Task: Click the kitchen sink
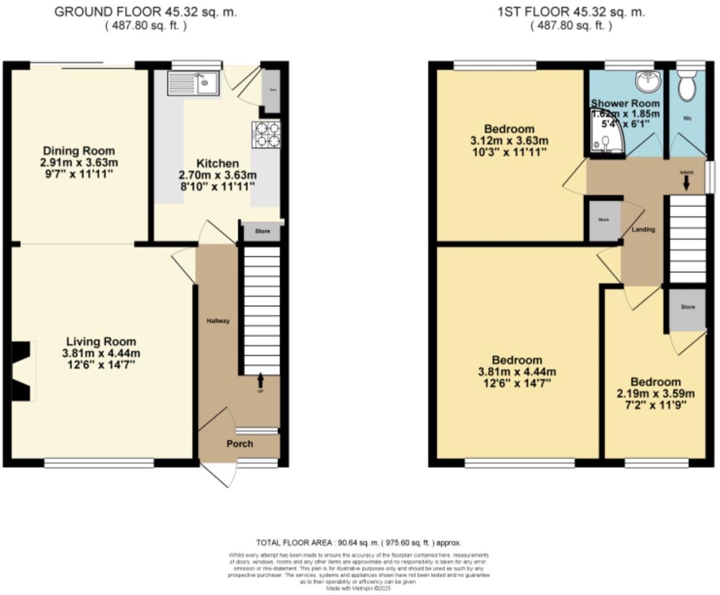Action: pyautogui.click(x=193, y=83)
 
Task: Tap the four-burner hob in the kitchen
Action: pyautogui.click(x=266, y=134)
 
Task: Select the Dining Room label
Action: pyautogui.click(x=79, y=151)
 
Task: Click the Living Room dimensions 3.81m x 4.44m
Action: pyautogui.click(x=101, y=353)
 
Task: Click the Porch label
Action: pyautogui.click(x=240, y=444)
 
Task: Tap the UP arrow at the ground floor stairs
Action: pyautogui.click(x=260, y=380)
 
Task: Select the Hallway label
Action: pyautogui.click(x=218, y=321)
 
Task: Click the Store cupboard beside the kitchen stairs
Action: pyautogui.click(x=262, y=232)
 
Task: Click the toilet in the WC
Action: pyautogui.click(x=688, y=88)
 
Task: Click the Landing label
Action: pyautogui.click(x=643, y=229)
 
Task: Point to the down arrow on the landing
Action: pyautogui.click(x=685, y=183)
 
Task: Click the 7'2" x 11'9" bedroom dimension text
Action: pyautogui.click(x=655, y=405)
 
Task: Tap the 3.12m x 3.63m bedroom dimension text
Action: pyautogui.click(x=509, y=141)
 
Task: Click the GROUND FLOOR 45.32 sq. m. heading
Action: pyautogui.click(x=146, y=12)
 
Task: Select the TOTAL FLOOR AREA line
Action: pyautogui.click(x=358, y=542)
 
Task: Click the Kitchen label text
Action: pyautogui.click(x=217, y=163)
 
